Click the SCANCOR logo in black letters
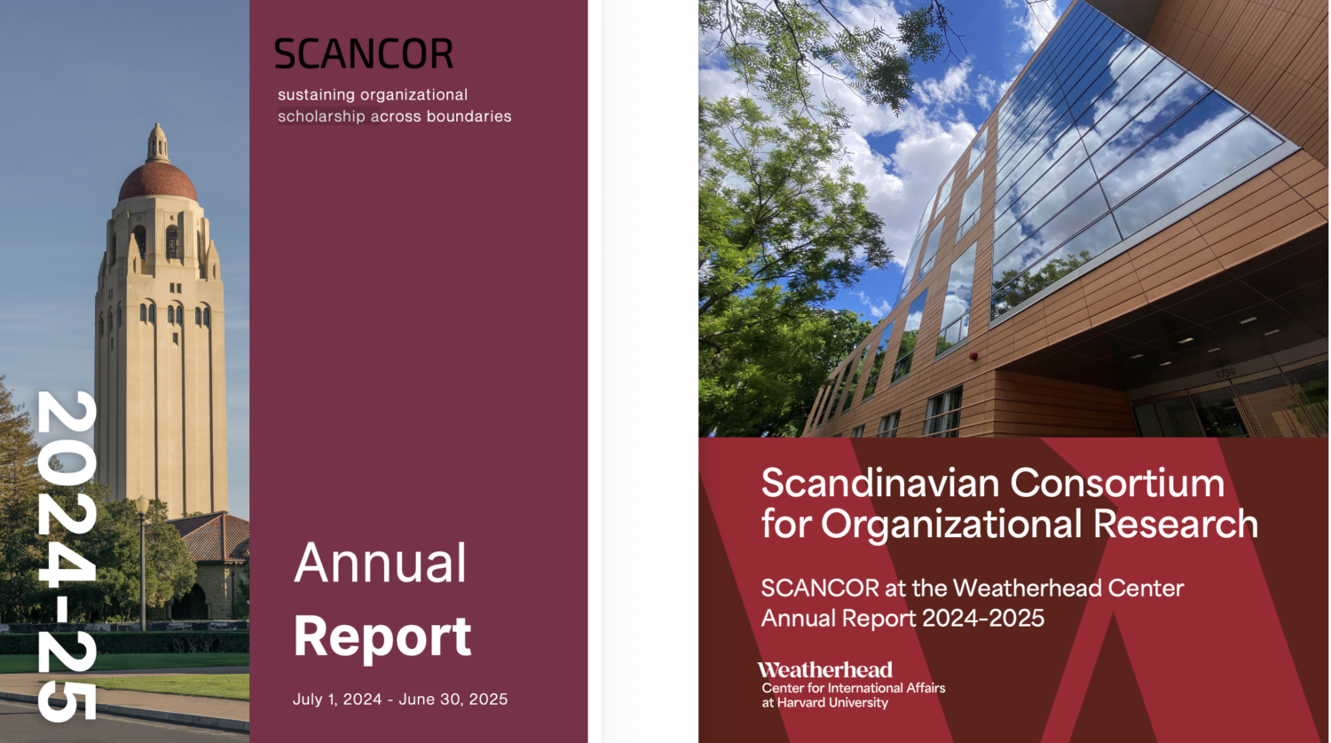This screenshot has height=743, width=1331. (364, 53)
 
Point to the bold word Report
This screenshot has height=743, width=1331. (382, 637)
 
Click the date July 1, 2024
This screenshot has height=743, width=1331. (337, 699)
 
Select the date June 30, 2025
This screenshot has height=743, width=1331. (453, 699)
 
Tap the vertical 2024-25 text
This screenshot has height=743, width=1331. (66, 556)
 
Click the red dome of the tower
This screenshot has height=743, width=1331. (157, 182)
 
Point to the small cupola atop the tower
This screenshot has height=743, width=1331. (157, 143)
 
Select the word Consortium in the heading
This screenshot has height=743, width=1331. (1117, 483)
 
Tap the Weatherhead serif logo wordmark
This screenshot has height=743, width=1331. (824, 670)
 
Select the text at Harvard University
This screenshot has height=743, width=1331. (824, 702)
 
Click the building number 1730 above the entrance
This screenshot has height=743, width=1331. (1225, 374)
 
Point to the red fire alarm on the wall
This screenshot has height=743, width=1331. (973, 356)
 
